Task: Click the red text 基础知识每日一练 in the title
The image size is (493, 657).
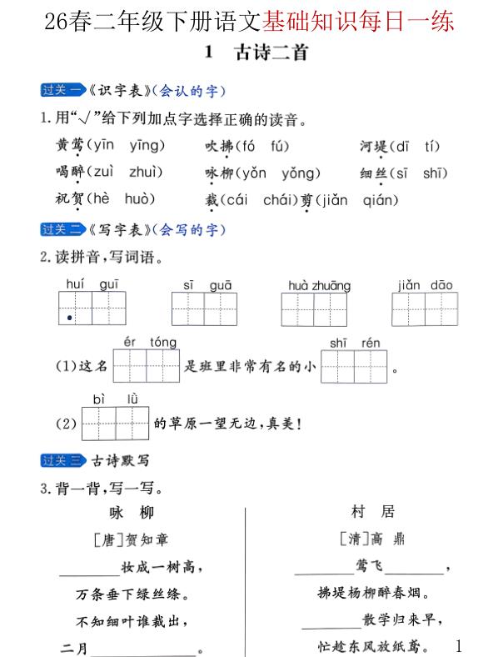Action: (358, 21)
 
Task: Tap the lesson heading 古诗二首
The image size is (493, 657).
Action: (271, 53)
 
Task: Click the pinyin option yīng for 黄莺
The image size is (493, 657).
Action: (147, 146)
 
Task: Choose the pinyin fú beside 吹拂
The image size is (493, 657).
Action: (279, 146)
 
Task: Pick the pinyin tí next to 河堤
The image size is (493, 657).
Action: (431, 146)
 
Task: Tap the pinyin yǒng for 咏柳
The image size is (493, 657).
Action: (301, 173)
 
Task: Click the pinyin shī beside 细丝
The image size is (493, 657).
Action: (435, 173)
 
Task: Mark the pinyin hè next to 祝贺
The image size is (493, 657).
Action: (99, 200)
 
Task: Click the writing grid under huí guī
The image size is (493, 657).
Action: (92, 308)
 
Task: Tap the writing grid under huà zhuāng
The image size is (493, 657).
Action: (315, 309)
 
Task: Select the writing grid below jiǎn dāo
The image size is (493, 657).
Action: (425, 309)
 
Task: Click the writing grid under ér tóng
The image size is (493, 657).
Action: (146, 365)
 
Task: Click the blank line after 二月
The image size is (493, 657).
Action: (147, 649)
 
